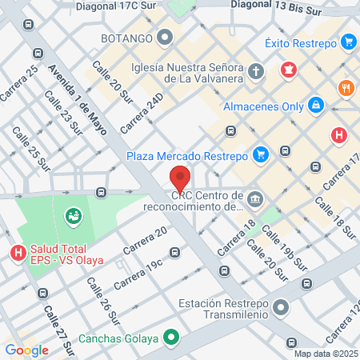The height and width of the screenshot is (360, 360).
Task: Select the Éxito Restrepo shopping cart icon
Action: (x=347, y=41)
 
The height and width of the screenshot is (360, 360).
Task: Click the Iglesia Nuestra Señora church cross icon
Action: (x=256, y=72)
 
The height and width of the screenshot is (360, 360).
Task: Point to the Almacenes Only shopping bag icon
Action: (x=317, y=105)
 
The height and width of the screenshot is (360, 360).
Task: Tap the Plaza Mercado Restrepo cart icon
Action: (x=260, y=154)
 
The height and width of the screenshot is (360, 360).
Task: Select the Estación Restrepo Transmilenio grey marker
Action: (x=280, y=306)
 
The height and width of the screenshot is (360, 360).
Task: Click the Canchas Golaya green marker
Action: (x=170, y=338)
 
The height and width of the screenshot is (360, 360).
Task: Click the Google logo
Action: (x=26, y=350)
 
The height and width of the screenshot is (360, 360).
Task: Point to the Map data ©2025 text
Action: (x=325, y=354)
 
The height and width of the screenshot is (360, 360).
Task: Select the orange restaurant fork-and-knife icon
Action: (x=346, y=88)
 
